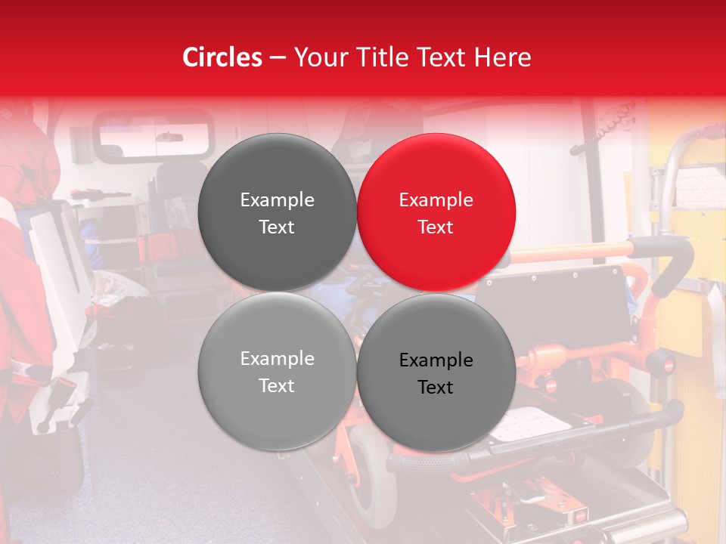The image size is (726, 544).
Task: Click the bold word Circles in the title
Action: (222, 57)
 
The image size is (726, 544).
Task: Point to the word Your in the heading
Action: (319, 57)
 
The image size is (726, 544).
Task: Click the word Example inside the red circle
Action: (436, 200)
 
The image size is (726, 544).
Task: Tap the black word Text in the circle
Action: (436, 388)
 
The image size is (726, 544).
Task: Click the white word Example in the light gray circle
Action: (277, 359)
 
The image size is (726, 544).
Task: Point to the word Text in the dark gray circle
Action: (277, 227)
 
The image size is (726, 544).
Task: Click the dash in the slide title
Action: (278, 57)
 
